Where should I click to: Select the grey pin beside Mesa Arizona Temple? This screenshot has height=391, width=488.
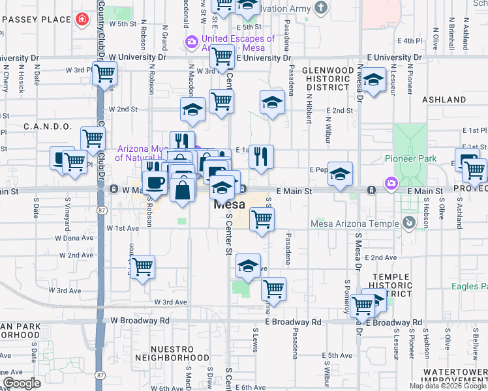point(409,223)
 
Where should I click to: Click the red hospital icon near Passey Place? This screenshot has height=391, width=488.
point(81,20)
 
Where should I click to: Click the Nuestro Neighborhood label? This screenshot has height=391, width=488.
point(172,353)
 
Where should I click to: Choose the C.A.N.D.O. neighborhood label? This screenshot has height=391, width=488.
point(48,126)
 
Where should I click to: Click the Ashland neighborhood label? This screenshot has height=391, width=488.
point(443,100)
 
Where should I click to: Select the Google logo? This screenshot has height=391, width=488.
point(22,383)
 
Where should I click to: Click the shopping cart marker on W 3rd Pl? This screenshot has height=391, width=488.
point(104,74)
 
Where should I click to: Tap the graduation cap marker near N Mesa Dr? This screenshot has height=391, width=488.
point(373,80)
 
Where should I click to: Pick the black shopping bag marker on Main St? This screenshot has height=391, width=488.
point(184,190)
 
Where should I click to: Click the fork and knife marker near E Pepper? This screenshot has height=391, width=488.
point(261,156)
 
